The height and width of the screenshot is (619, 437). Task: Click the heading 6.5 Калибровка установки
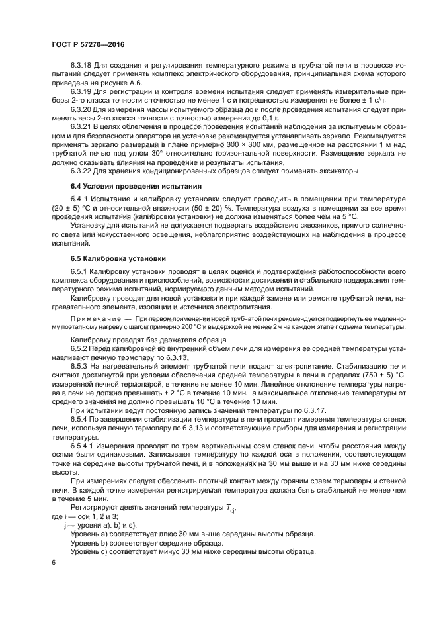[118, 258]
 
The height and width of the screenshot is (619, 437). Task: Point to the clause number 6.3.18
[81, 67]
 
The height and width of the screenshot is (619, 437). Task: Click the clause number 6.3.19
[81, 93]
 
